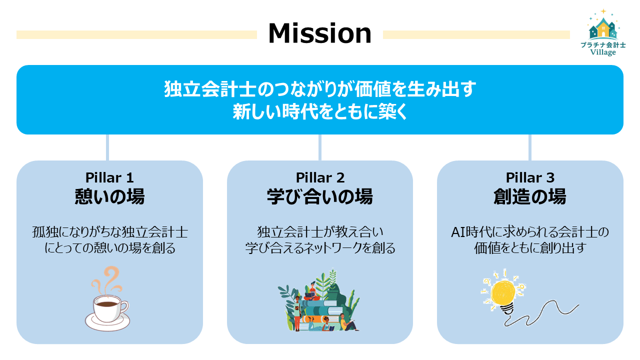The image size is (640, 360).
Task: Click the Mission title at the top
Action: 319,33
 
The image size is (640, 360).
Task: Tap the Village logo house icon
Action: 603,29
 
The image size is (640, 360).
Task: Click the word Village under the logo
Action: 603,52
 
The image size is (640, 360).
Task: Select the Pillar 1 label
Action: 109,177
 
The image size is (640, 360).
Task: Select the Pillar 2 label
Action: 320,177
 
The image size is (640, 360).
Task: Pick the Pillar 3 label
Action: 530,177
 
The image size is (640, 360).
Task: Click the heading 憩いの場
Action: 109,196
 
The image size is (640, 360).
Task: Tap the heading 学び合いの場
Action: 320,196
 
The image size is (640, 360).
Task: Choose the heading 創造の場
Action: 530,196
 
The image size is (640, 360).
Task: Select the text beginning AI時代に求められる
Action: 530,232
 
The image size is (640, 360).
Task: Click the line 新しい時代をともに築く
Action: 320,111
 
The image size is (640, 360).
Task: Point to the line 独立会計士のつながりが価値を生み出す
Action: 320,89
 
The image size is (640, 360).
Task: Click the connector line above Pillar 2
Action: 320,147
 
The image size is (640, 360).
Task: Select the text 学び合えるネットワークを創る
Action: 320,248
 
